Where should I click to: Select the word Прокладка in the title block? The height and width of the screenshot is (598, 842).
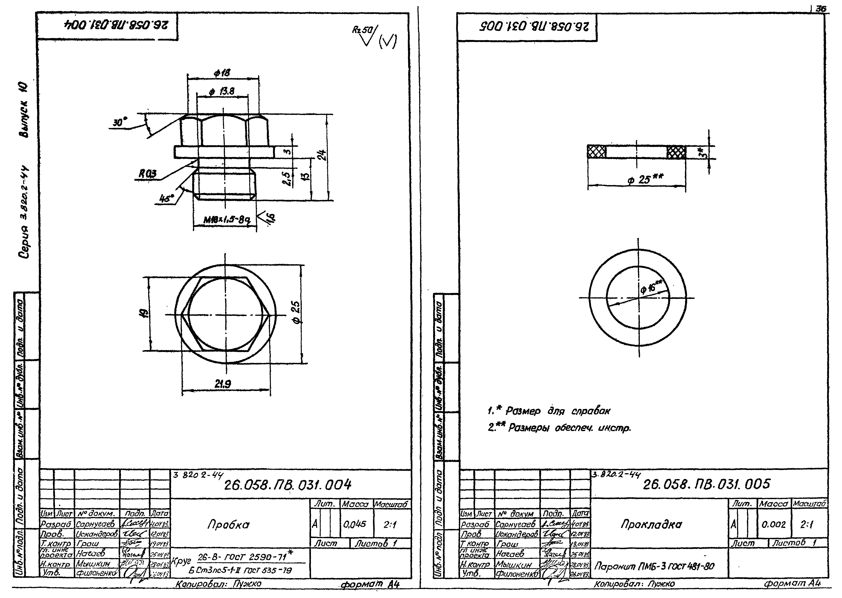(x=651, y=524)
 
